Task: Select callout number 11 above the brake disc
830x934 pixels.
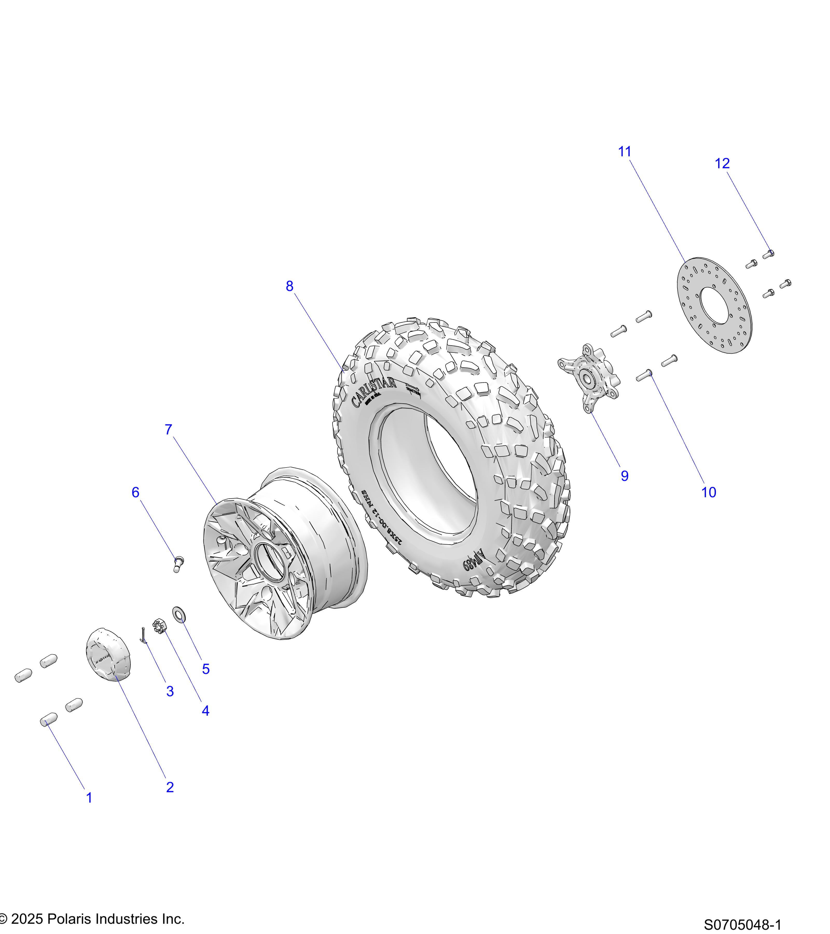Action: click(624, 152)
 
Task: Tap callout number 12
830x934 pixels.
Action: click(722, 164)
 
